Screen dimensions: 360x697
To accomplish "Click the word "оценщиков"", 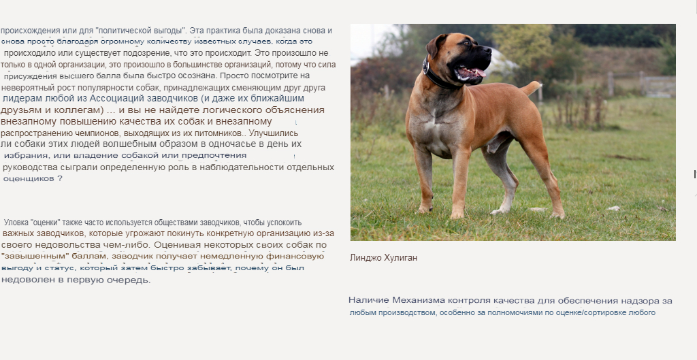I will [28, 178].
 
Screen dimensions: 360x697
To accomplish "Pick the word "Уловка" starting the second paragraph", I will [17, 223].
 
